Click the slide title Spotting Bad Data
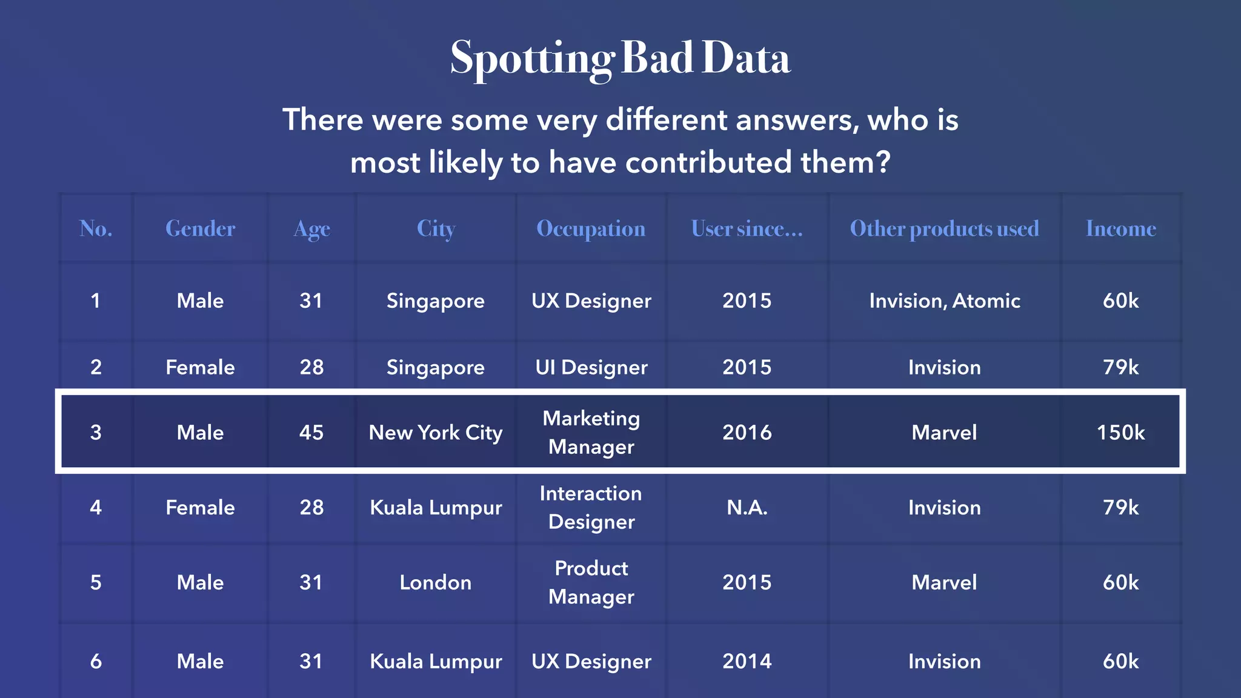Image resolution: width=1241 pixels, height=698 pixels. (x=620, y=58)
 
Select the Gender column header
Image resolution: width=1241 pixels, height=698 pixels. (x=200, y=228)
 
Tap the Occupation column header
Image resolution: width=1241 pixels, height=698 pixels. (x=591, y=228)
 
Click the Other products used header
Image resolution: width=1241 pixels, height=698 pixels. (x=944, y=228)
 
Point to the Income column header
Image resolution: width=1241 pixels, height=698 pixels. (x=1120, y=228)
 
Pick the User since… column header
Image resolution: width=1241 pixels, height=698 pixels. (x=747, y=228)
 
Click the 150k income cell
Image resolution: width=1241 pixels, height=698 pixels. (x=1120, y=432)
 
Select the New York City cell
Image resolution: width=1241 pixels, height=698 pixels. (x=436, y=432)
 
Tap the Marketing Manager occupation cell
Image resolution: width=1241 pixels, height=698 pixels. (x=591, y=432)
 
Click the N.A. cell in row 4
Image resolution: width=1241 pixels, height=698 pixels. (x=747, y=507)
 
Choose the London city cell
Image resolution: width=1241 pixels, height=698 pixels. (x=436, y=582)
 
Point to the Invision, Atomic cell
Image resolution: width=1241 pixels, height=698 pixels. (x=944, y=301)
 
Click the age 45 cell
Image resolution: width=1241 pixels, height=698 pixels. (x=311, y=432)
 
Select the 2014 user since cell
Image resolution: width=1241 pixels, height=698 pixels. (x=747, y=661)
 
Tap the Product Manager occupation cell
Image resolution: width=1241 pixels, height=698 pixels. (x=591, y=582)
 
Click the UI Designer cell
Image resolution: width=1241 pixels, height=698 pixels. (x=591, y=367)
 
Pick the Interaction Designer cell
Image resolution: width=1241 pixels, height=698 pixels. (x=591, y=507)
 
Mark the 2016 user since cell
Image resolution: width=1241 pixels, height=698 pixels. (x=747, y=432)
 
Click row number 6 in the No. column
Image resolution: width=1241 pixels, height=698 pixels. (x=96, y=661)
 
